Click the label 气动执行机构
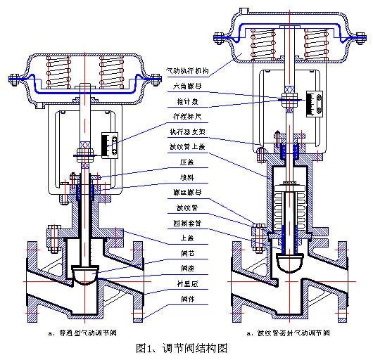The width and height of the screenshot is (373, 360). click(189, 71)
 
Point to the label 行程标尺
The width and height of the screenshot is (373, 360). click(182, 117)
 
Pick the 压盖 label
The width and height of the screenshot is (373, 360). click(177, 162)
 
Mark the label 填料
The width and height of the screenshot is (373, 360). click(177, 177)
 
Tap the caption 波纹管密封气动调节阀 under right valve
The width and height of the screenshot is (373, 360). click(286, 332)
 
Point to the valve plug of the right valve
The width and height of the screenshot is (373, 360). click(289, 263)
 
